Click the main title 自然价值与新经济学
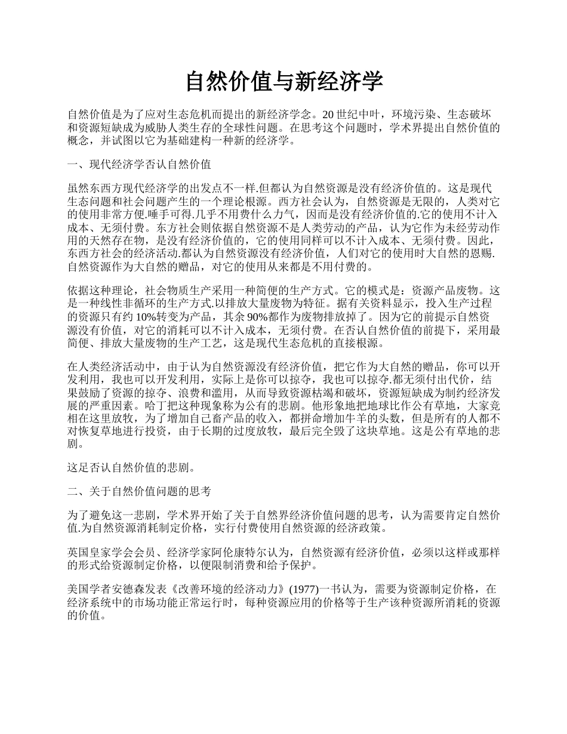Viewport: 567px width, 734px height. click(x=283, y=82)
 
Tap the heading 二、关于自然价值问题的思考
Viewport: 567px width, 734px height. click(x=139, y=491)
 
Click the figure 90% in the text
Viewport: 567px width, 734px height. click(x=260, y=317)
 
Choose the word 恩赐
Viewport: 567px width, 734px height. click(x=485, y=254)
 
